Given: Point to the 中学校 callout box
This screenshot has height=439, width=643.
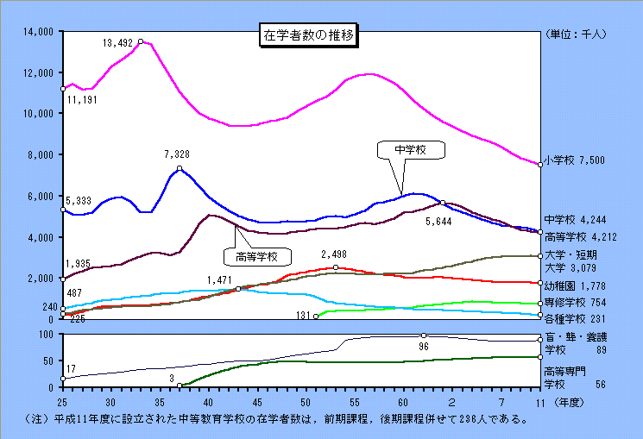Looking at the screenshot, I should tap(413, 149).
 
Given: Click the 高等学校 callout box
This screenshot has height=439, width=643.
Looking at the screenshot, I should tap(256, 256).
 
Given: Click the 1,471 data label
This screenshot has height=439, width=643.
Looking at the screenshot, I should tap(221, 279).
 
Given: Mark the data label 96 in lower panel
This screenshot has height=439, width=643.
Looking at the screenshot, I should tap(424, 346).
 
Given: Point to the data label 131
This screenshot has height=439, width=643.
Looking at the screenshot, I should tap(303, 317).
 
